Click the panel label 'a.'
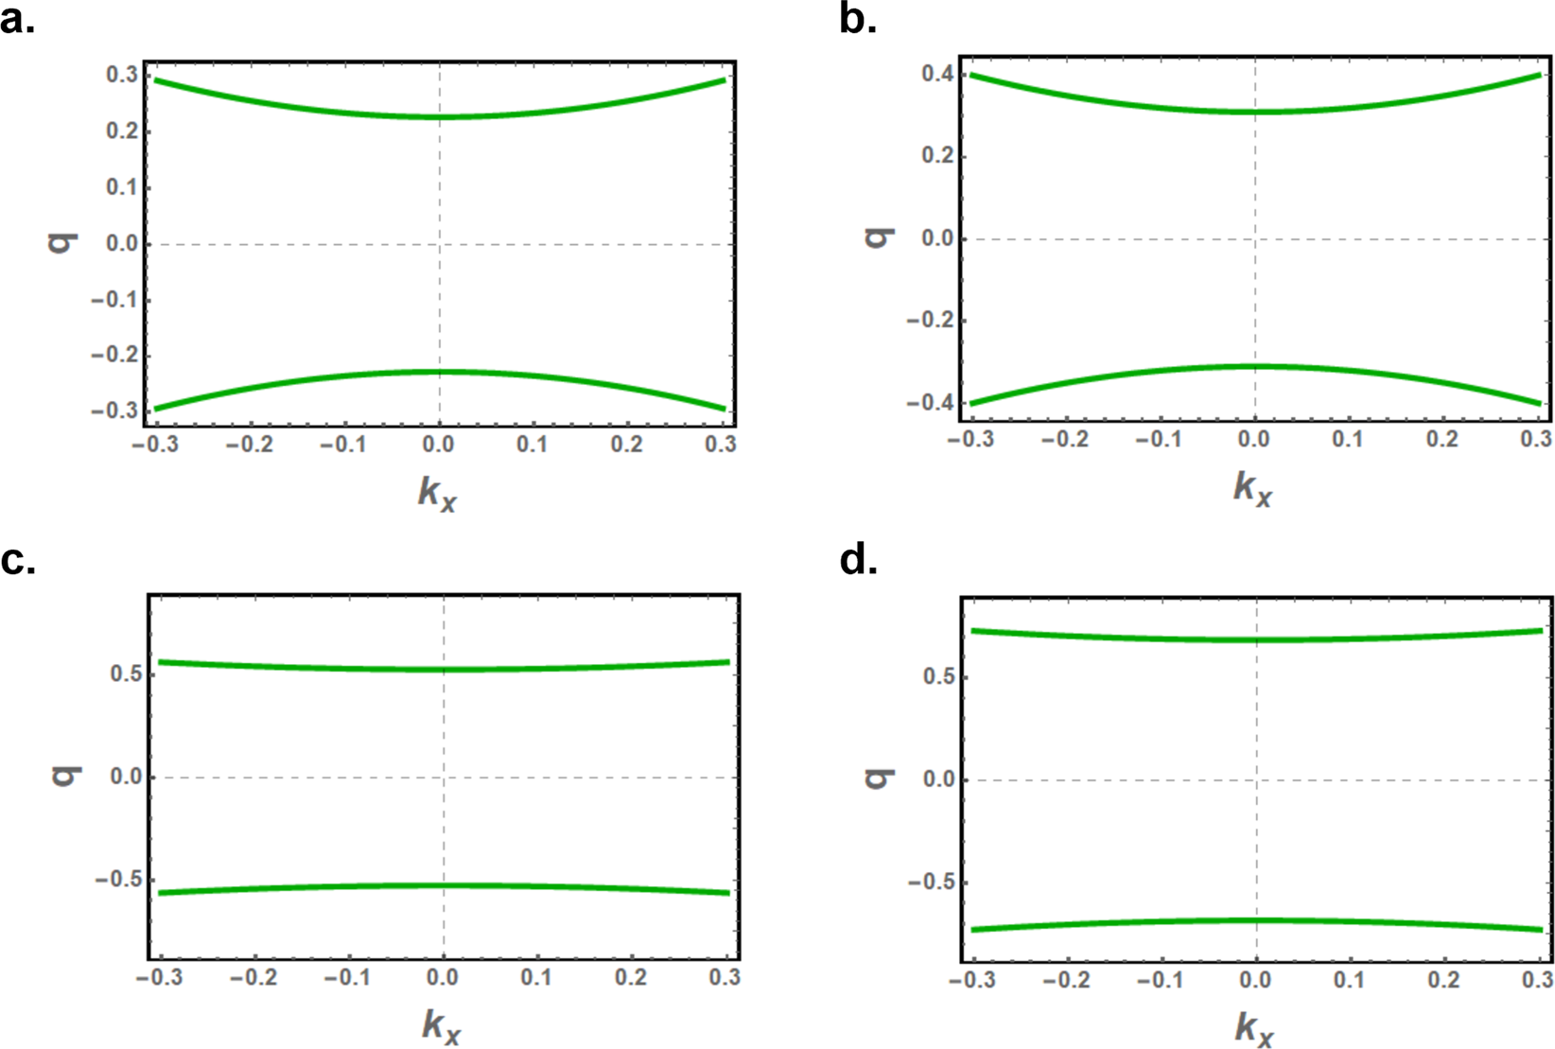point(17,18)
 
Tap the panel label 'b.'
point(857,18)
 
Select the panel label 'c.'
point(17,560)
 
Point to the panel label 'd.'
point(858,560)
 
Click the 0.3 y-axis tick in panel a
point(121,76)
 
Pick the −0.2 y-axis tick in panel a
point(114,356)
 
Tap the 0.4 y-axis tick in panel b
point(937,75)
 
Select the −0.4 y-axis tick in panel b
point(931,403)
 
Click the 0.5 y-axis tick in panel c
point(126,674)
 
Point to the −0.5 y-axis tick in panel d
point(932,883)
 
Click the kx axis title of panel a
point(437,493)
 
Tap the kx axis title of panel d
point(1253,1028)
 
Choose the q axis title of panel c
point(65,777)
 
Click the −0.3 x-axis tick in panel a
point(157,445)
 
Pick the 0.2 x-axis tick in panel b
point(1442,440)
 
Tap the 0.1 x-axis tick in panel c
point(536,977)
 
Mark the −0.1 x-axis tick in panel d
point(1161,979)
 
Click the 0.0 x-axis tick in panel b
point(1254,440)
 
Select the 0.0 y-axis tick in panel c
point(126,777)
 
